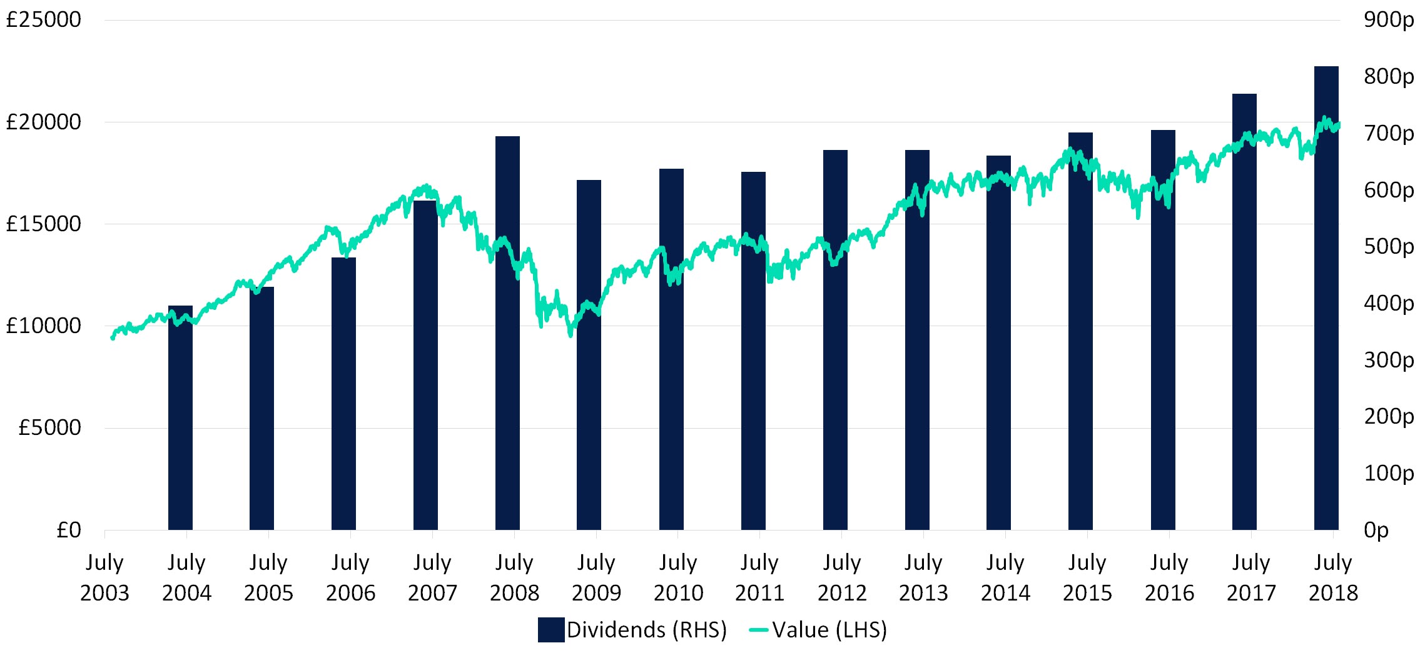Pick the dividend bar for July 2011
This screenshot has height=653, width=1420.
point(753,351)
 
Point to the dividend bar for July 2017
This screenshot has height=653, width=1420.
point(1244,312)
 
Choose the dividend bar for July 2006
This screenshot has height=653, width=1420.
point(343,394)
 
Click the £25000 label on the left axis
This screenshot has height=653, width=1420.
point(43,20)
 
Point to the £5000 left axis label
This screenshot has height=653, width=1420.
point(49,428)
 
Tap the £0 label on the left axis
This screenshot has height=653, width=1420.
point(68,530)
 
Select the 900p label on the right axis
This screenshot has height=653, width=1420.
point(1389,20)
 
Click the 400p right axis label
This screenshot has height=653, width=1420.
point(1389,304)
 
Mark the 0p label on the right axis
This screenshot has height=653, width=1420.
point(1376,530)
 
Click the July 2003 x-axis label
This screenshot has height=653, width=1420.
point(104,577)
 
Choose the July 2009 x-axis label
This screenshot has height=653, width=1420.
point(596,577)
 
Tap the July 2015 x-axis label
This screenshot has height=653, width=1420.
point(1087,577)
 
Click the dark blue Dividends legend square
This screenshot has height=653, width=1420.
point(550,630)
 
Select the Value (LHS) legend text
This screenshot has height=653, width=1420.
point(829,630)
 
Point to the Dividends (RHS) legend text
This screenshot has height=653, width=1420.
point(646,630)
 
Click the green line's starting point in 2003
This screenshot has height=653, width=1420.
point(113,337)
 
